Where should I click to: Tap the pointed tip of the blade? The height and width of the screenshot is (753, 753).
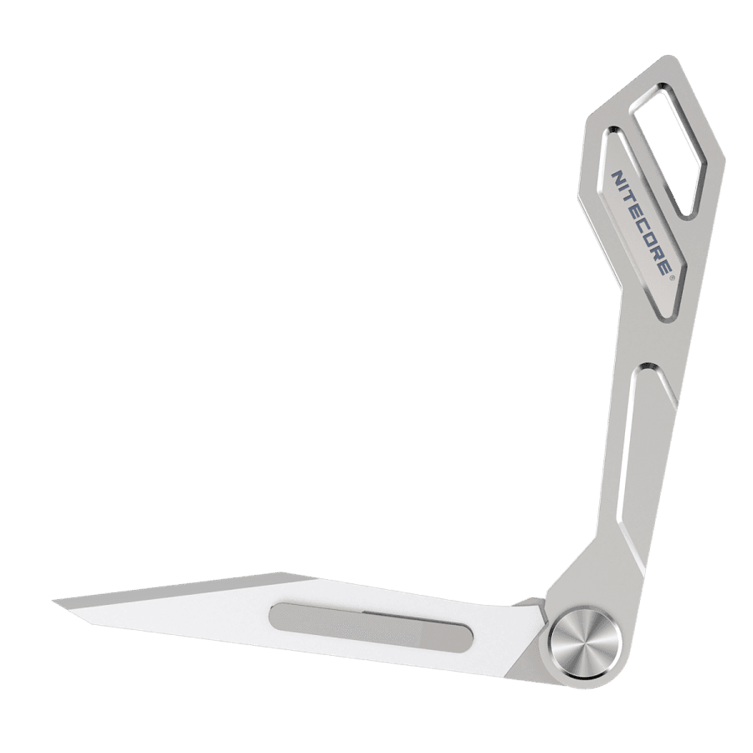tap(54, 601)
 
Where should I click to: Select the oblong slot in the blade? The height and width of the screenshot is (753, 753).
tap(371, 625)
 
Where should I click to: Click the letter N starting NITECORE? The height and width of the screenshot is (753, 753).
tap(616, 179)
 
